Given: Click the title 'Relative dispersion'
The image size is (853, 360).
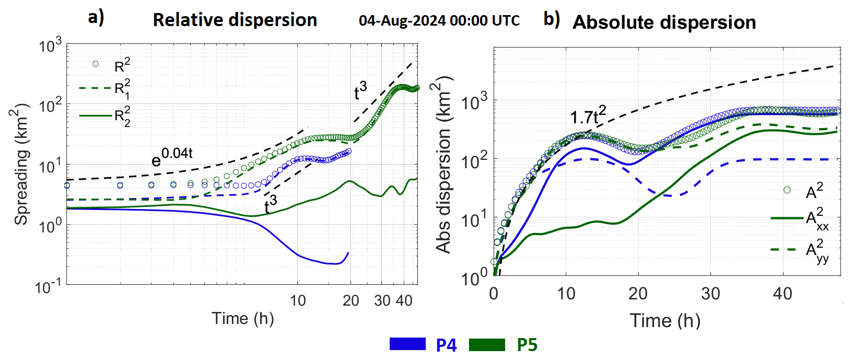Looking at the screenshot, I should (235, 20).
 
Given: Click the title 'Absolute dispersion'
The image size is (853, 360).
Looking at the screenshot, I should (664, 22).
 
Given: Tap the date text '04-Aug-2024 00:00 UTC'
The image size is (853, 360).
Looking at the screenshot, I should (439, 21).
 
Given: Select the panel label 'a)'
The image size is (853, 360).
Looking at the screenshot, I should (96, 18).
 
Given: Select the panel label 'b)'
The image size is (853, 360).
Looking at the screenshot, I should (552, 19).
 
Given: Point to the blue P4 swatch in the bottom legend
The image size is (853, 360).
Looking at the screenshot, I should (407, 344).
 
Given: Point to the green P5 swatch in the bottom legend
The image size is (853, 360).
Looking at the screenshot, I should (487, 344).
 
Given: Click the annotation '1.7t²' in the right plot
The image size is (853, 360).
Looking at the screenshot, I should (587, 115).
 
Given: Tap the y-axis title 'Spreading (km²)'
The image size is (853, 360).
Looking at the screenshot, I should (21, 165).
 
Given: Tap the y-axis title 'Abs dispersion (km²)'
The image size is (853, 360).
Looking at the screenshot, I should (443, 165).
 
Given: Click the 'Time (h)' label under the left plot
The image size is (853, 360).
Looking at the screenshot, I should (242, 318).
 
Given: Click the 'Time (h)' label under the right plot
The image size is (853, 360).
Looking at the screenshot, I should (664, 320).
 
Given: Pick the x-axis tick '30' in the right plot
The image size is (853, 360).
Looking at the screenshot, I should (710, 294).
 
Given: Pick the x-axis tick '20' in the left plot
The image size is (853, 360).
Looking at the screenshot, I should (350, 300).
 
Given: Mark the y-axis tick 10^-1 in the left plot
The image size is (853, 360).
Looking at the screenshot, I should (49, 286).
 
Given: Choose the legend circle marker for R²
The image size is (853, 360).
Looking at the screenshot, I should (96, 64).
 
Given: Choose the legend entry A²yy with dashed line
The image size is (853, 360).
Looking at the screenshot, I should (799, 250).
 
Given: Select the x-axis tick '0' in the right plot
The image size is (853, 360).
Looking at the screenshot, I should (494, 294).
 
